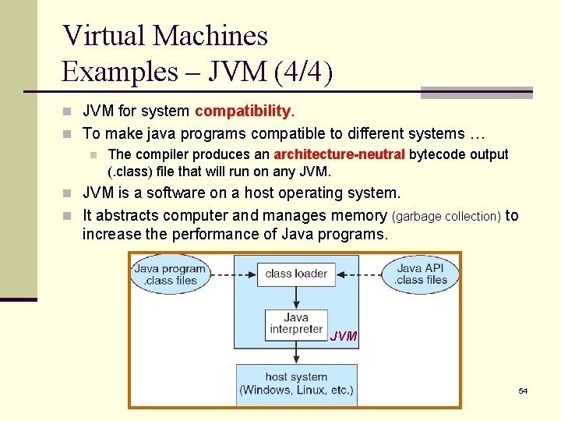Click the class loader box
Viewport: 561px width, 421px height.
[296, 274]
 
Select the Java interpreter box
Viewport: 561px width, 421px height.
[296, 324]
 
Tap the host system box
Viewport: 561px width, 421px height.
[296, 384]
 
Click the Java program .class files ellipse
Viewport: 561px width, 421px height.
[170, 274]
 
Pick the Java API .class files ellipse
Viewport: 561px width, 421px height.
[421, 274]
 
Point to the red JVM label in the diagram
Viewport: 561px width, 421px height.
[344, 337]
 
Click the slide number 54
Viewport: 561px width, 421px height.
[523, 390]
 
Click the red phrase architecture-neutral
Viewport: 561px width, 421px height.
[340, 154]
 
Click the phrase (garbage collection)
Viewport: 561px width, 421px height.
[446, 217]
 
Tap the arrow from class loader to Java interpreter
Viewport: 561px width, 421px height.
[296, 298]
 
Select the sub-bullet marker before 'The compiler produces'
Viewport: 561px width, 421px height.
[92, 155]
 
